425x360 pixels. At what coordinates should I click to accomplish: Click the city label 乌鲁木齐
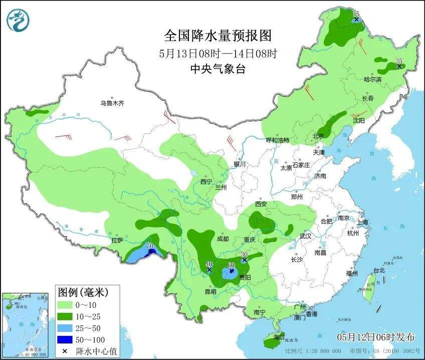[111, 103]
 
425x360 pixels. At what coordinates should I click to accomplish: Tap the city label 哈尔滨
[372, 80]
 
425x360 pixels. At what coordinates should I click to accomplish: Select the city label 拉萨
[117, 241]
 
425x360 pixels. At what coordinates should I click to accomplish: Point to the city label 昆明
[210, 292]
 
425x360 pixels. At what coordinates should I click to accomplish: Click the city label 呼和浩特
[277, 140]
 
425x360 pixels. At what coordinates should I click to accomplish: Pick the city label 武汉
[305, 236]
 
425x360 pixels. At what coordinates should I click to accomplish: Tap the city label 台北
[379, 271]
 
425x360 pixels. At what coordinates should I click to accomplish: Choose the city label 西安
[261, 204]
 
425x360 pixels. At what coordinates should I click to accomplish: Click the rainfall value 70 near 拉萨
[149, 246]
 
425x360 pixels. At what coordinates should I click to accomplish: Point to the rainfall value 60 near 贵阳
[231, 265]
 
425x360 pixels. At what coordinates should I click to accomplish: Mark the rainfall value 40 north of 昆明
[209, 264]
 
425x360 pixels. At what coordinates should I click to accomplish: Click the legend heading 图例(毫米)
[83, 291]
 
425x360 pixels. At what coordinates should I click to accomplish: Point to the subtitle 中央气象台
[218, 70]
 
